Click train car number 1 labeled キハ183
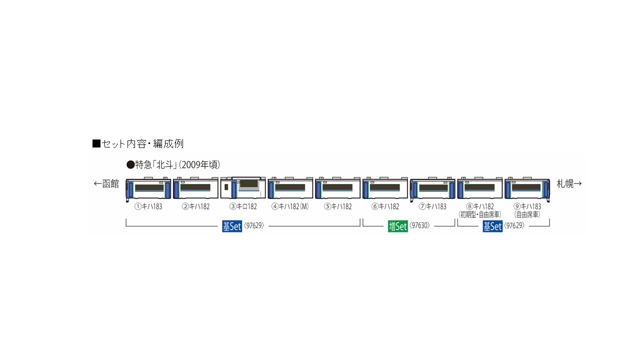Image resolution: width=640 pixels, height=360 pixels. [x=148, y=189]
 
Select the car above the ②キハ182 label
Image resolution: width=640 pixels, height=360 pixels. [x=195, y=189]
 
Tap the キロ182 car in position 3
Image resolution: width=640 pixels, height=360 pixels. [x=242, y=189]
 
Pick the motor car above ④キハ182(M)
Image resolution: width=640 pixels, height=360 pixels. [x=290, y=189]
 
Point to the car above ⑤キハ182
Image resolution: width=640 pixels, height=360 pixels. [x=337, y=189]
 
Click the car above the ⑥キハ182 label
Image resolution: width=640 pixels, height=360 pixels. [x=385, y=189]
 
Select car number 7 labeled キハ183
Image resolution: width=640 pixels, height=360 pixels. [x=432, y=189]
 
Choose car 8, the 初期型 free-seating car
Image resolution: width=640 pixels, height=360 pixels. [x=479, y=189]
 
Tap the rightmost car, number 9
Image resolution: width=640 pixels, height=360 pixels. [x=527, y=189]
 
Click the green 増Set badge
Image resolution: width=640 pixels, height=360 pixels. [x=397, y=226]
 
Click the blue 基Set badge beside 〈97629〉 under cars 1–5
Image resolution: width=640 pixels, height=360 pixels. [x=232, y=226]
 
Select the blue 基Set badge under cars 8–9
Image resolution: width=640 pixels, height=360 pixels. [x=492, y=226]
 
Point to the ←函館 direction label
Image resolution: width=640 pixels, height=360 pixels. [x=106, y=184]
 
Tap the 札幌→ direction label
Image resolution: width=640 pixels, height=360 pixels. [x=569, y=184]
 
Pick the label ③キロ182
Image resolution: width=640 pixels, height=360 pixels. [x=243, y=206]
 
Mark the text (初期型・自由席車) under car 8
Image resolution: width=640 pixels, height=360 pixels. [x=479, y=214]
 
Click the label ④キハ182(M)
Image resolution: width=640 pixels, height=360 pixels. [x=290, y=206]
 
